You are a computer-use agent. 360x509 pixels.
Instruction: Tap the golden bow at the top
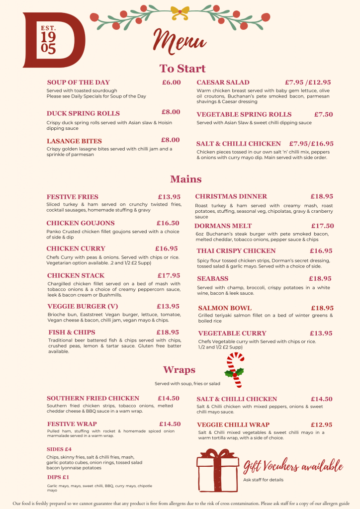(181, 11)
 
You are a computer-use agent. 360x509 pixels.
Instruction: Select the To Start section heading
(182, 69)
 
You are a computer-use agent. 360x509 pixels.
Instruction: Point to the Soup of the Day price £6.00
(172, 83)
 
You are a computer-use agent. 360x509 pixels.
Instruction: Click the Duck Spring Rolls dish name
(83, 113)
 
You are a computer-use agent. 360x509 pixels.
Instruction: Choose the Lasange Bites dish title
(74, 141)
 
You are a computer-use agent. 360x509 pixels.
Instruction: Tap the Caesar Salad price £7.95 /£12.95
(308, 83)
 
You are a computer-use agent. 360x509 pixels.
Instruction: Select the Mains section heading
(186, 179)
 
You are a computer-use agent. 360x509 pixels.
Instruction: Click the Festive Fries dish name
(73, 197)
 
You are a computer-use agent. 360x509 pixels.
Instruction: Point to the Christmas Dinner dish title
(231, 196)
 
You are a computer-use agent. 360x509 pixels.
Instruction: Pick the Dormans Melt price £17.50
(323, 226)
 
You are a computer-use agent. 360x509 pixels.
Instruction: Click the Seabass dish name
(213, 279)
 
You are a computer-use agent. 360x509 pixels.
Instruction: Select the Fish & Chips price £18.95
(168, 332)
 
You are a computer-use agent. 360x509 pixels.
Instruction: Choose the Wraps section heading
(179, 370)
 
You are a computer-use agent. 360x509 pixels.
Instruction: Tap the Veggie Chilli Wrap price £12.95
(322, 424)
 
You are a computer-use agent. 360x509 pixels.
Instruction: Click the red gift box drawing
(217, 470)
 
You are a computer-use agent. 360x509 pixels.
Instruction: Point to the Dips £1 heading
(58, 477)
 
